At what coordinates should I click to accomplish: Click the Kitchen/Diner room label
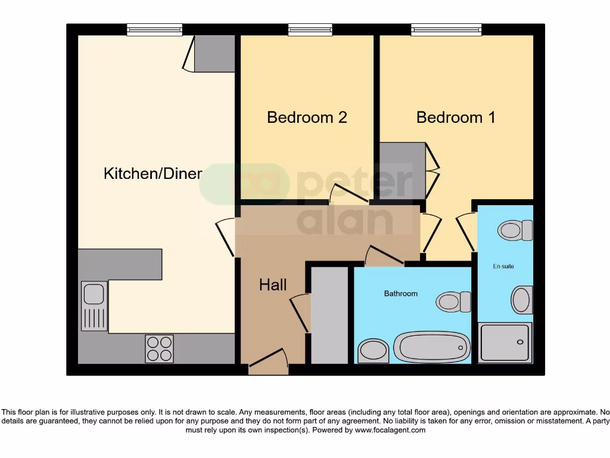point(153,174)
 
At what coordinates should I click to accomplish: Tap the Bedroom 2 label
point(307,117)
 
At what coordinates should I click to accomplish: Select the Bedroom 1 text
point(456,117)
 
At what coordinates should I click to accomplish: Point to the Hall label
point(273,285)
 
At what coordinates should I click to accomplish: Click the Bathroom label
point(400,293)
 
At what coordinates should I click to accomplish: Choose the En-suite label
point(503,266)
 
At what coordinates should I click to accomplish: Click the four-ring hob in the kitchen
point(160,348)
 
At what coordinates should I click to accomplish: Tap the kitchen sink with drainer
point(94,305)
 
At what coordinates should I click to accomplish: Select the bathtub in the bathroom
point(432,346)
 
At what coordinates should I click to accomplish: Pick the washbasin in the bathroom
point(374,350)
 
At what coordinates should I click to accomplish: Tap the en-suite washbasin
point(522,300)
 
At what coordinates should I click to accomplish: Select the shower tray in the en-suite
point(505,342)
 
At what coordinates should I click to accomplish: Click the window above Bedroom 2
point(310,29)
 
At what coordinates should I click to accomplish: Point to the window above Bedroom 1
point(446,29)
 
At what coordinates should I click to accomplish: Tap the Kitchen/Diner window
point(154,29)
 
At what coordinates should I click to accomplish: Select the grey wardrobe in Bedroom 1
point(403,171)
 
